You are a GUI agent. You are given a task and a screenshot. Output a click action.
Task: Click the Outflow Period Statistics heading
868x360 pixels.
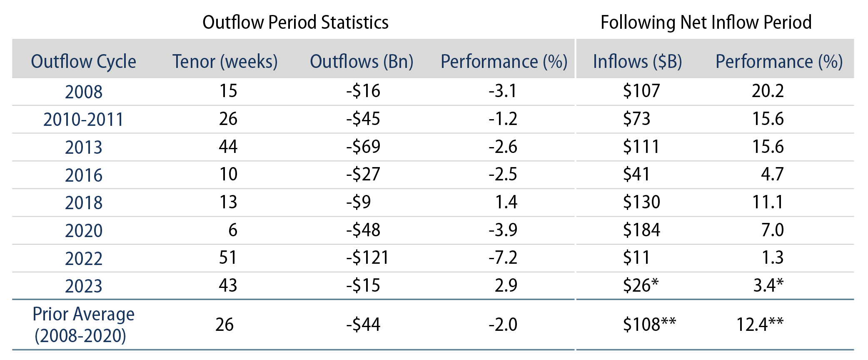295,22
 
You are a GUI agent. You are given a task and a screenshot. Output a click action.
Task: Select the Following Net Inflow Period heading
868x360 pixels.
706,22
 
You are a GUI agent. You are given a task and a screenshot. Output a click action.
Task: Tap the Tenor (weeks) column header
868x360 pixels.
225,62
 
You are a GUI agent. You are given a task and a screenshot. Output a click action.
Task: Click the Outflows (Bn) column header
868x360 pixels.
362,62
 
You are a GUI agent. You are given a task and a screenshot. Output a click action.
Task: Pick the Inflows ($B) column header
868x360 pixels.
637,62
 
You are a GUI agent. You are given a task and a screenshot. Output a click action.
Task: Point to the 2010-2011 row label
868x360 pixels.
84,120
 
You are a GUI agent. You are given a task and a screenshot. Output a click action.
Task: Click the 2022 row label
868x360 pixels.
84,258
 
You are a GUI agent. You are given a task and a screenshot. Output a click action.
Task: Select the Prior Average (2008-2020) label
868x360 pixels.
84,325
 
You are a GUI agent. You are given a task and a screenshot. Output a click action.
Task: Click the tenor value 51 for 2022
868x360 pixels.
228,257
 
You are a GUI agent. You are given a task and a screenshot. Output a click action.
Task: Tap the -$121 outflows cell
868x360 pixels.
367,257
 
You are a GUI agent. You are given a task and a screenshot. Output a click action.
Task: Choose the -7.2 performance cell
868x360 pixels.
503,257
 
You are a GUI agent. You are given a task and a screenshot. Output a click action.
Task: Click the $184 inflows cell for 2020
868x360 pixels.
641,230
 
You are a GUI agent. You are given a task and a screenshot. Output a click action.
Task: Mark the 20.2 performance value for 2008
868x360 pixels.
768,91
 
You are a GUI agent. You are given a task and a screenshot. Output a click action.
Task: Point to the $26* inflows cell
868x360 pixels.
641,285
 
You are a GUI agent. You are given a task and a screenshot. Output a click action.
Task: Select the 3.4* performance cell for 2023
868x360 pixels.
768,285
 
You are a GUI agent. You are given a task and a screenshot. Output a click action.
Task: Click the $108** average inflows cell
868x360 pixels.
649,325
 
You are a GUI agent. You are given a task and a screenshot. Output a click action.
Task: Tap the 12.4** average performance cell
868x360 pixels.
760,325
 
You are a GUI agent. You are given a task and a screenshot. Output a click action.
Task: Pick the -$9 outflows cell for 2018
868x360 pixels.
358,202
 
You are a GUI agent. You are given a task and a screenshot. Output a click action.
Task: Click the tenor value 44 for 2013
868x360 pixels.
228,147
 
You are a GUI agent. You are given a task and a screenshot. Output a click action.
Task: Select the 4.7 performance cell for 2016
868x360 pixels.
772,174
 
